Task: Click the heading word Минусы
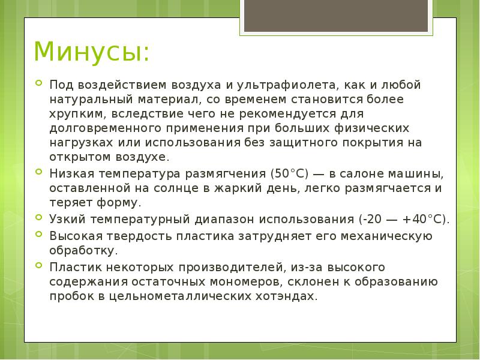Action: (x=91, y=52)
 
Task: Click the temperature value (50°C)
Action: (x=289, y=174)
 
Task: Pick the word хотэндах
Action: (x=286, y=296)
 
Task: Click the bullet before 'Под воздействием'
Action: (x=38, y=84)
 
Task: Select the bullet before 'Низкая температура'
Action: (x=38, y=173)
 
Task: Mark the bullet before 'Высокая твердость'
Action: (x=38, y=235)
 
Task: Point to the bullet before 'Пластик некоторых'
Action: (x=38, y=266)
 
